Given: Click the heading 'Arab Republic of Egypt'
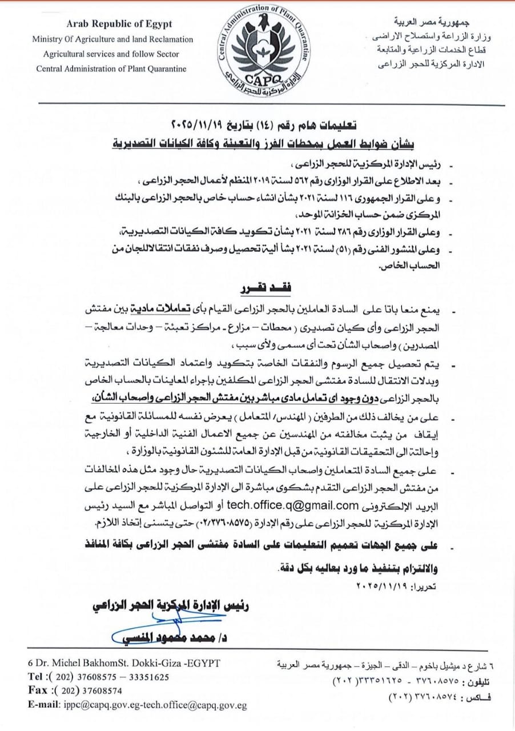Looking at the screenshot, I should [119, 25].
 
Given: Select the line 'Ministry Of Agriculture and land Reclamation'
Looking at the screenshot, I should [112, 39].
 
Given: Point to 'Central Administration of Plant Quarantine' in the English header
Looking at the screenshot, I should [111, 69].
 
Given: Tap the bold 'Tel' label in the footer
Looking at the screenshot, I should [38, 677].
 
